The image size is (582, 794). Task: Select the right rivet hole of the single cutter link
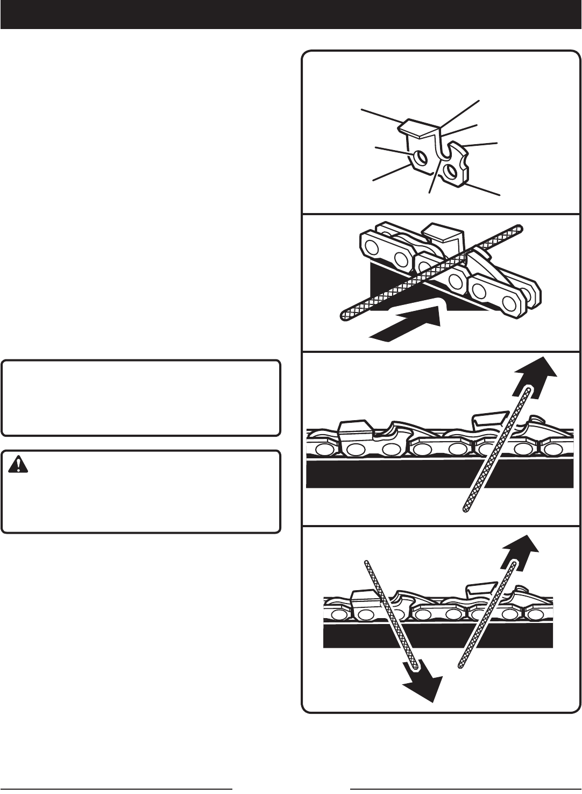point(450,171)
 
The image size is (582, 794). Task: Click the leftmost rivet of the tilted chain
point(370,248)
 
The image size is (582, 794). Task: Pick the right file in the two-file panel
point(487,616)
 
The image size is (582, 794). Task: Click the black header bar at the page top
point(290,15)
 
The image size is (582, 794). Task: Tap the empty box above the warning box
point(141,398)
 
